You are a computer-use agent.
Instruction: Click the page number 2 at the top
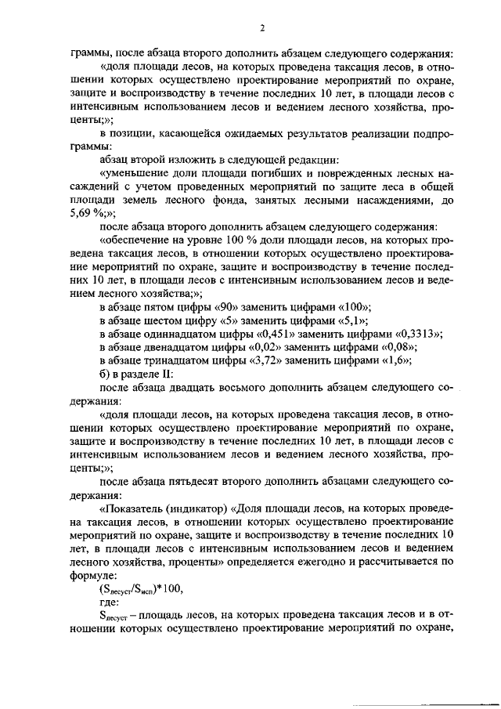point(262,30)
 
